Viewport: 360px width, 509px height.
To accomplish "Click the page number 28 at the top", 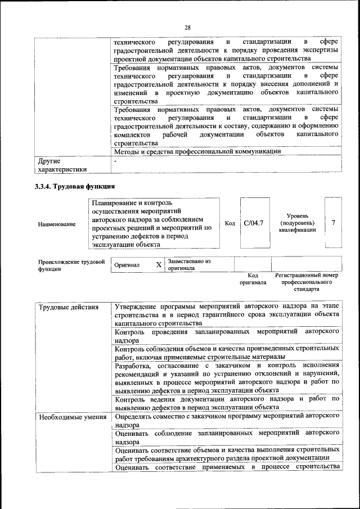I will [x=187, y=28].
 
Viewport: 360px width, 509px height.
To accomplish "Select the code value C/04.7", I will [x=254, y=223].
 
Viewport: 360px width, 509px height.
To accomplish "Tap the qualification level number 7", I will [x=334, y=223].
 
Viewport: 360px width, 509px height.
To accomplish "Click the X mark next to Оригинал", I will [x=159, y=264].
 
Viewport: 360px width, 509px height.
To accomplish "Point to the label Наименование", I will [x=57, y=224].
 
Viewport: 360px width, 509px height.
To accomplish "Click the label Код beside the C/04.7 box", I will [x=229, y=223].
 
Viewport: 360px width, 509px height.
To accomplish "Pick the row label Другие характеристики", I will [x=62, y=165].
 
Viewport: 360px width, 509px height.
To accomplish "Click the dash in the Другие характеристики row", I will [x=115, y=161].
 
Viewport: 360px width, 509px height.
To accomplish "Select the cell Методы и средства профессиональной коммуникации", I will [x=197, y=151].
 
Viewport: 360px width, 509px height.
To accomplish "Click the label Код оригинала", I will [x=252, y=279].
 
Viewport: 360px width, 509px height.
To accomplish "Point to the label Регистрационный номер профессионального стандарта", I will [x=307, y=282].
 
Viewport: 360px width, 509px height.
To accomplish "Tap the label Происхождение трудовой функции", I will [x=71, y=265].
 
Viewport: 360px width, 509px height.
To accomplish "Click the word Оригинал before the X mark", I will [x=127, y=265].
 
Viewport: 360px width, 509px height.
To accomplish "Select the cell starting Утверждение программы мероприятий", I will [x=227, y=315].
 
